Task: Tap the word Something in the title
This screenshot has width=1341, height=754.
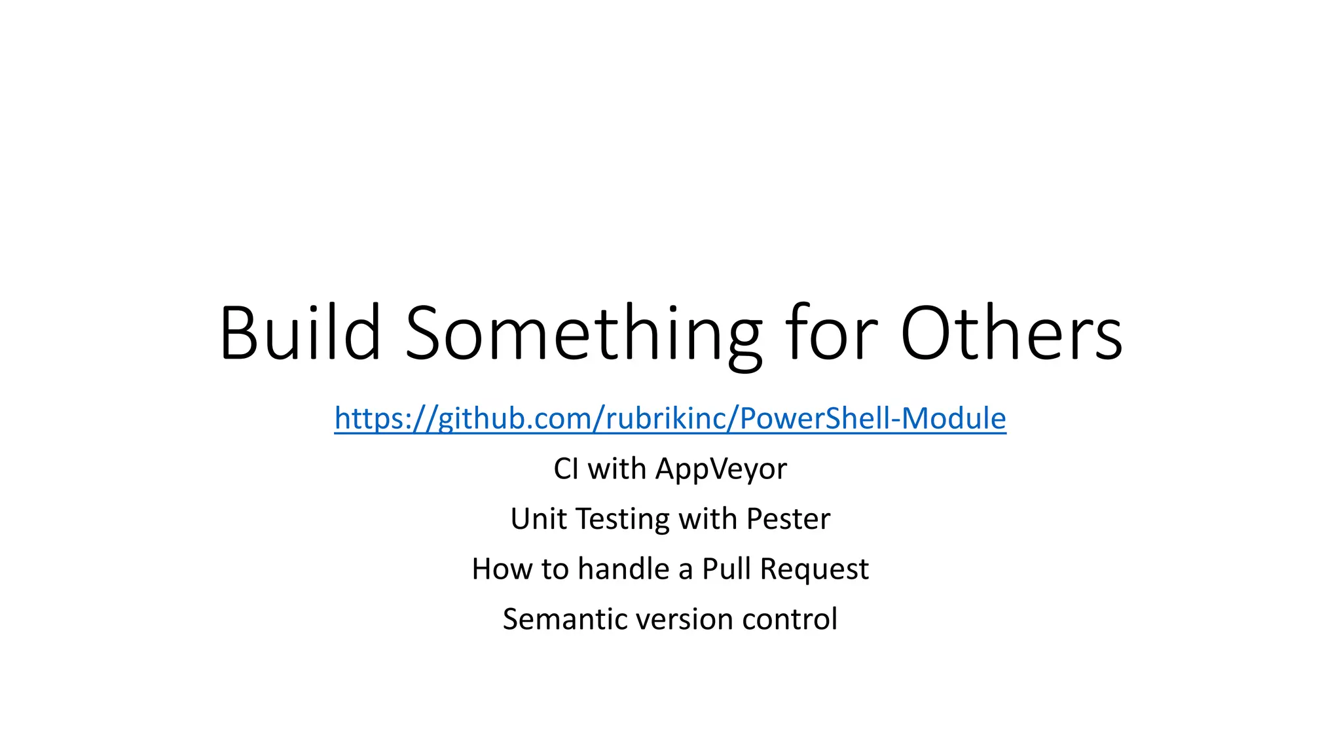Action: coord(583,335)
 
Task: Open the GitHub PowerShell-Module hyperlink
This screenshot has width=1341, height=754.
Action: coord(670,419)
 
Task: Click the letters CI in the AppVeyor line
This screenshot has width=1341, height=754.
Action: coord(566,469)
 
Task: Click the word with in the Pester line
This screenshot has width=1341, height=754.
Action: coord(708,519)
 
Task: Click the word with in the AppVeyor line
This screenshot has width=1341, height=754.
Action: coord(617,469)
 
